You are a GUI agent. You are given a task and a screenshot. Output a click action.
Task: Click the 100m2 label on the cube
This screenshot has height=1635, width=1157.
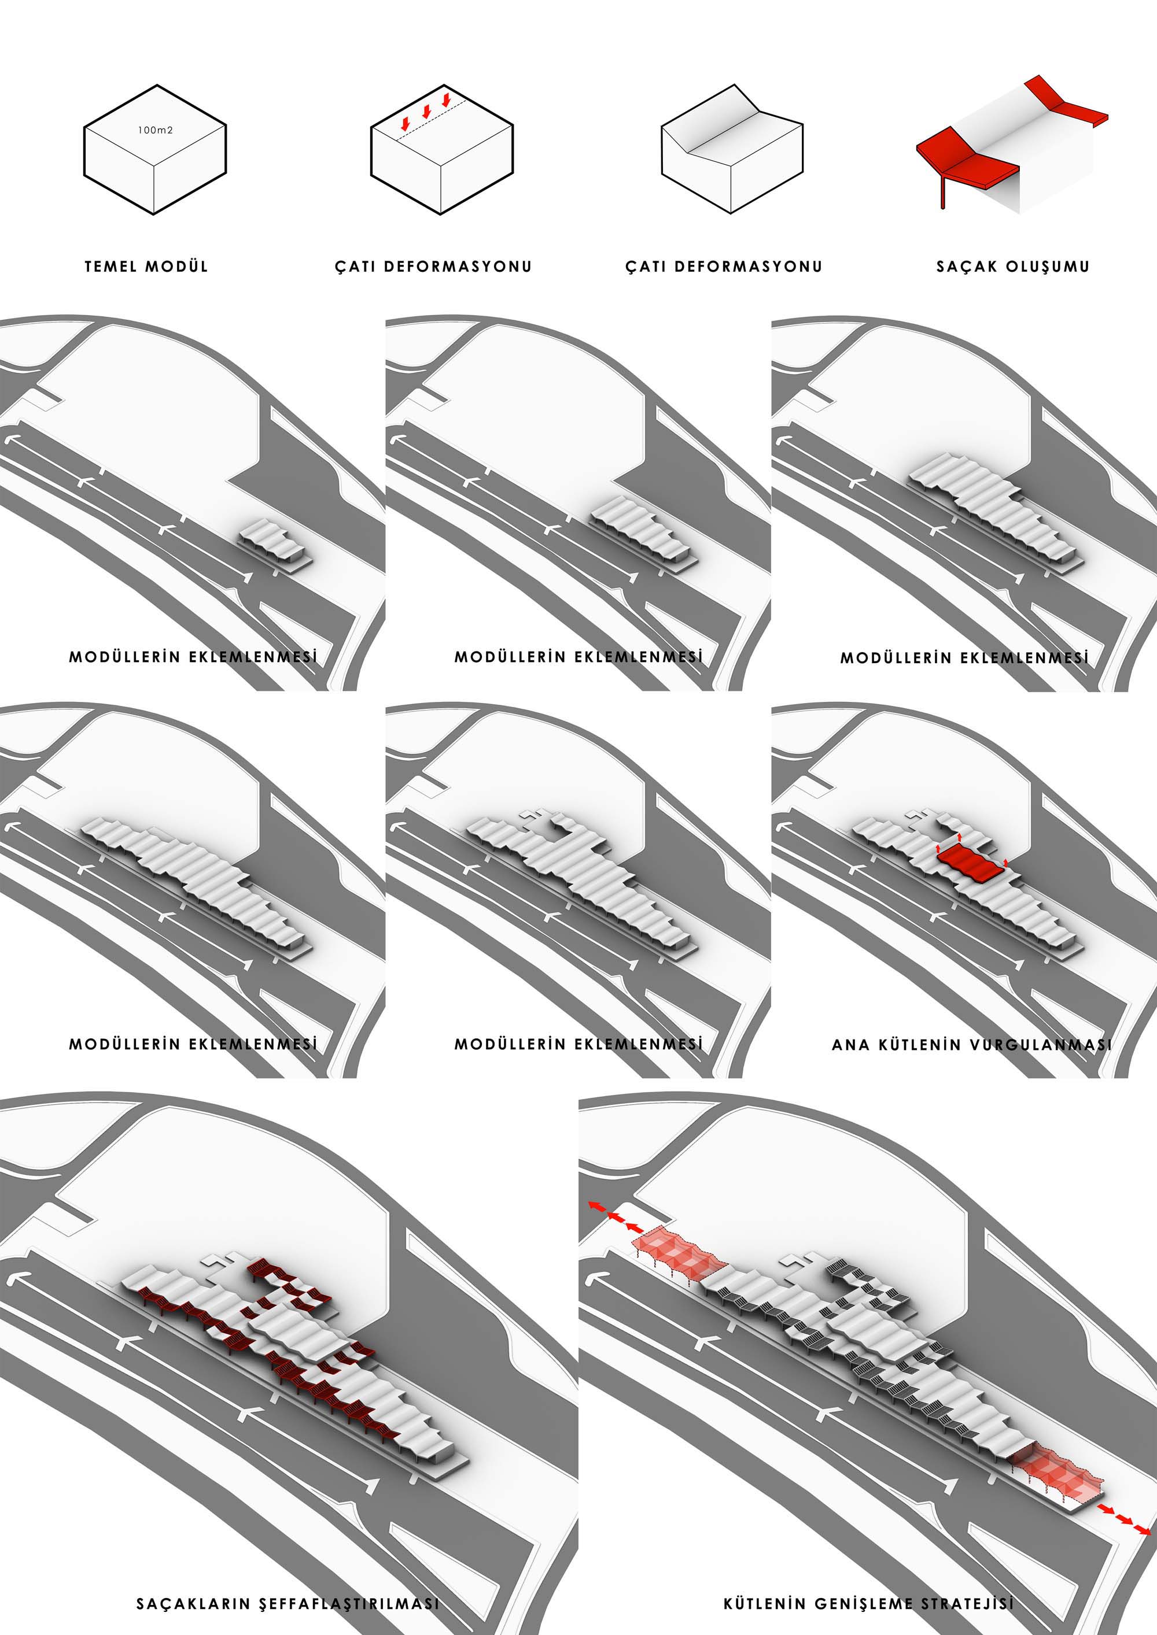pos(155,130)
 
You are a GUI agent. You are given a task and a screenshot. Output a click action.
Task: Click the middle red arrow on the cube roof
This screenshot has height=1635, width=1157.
pos(426,112)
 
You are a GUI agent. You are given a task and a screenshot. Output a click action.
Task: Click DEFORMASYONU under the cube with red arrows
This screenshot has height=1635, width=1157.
pos(458,267)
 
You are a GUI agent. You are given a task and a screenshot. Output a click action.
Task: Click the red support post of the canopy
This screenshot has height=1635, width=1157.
pos(942,193)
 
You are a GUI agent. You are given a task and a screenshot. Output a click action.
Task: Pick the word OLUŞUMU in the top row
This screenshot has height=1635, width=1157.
pos(1047,267)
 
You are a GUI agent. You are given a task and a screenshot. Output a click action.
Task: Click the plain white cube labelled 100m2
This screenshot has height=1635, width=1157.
pos(154,150)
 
